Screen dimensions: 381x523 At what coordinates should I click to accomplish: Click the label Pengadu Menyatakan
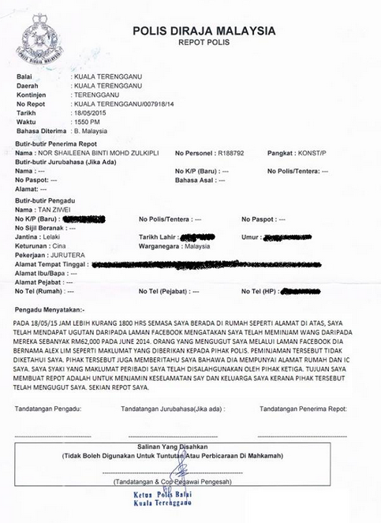point(53,311)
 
